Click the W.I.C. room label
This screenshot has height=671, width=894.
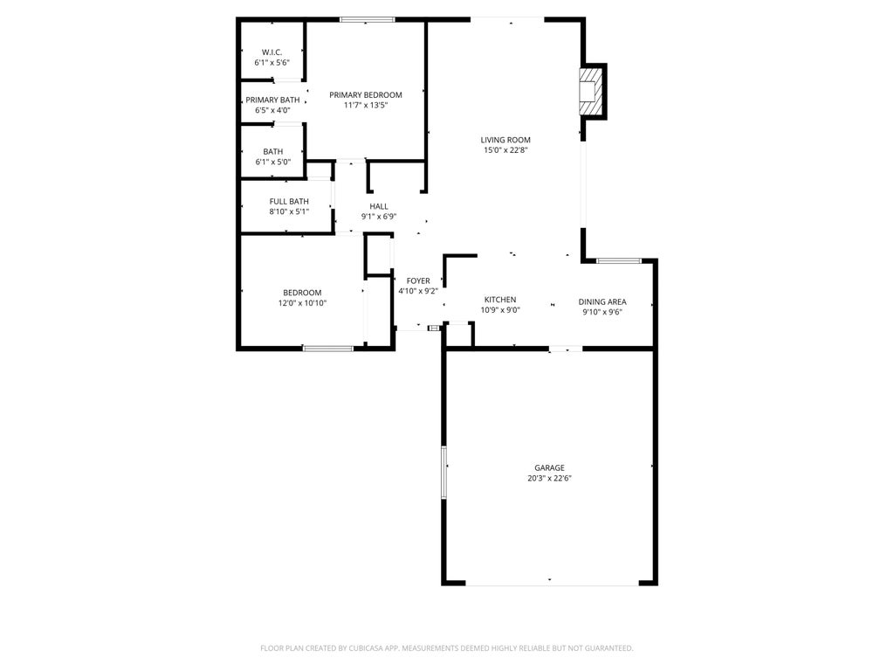[x=272, y=52]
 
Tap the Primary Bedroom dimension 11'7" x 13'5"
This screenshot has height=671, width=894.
[x=365, y=105]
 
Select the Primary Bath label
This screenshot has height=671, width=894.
[x=272, y=100]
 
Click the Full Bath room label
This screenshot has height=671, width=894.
[x=289, y=201]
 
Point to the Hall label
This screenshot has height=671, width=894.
[x=379, y=206]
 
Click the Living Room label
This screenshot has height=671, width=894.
[x=505, y=140]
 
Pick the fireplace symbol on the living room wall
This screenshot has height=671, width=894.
[x=592, y=90]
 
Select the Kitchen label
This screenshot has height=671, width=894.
[x=500, y=300]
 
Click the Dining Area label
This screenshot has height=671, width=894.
[x=602, y=302]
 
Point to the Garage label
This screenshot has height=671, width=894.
[x=550, y=467]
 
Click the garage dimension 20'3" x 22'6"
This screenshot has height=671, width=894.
[x=550, y=478]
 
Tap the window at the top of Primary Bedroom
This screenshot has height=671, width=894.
[x=367, y=19]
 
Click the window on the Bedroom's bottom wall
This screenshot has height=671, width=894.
[x=328, y=349]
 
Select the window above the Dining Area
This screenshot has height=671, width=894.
[x=618, y=260]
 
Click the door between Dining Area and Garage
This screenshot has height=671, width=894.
[x=565, y=349]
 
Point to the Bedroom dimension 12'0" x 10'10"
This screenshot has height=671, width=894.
[x=302, y=303]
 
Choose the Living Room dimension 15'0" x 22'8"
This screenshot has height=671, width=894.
[x=505, y=150]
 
